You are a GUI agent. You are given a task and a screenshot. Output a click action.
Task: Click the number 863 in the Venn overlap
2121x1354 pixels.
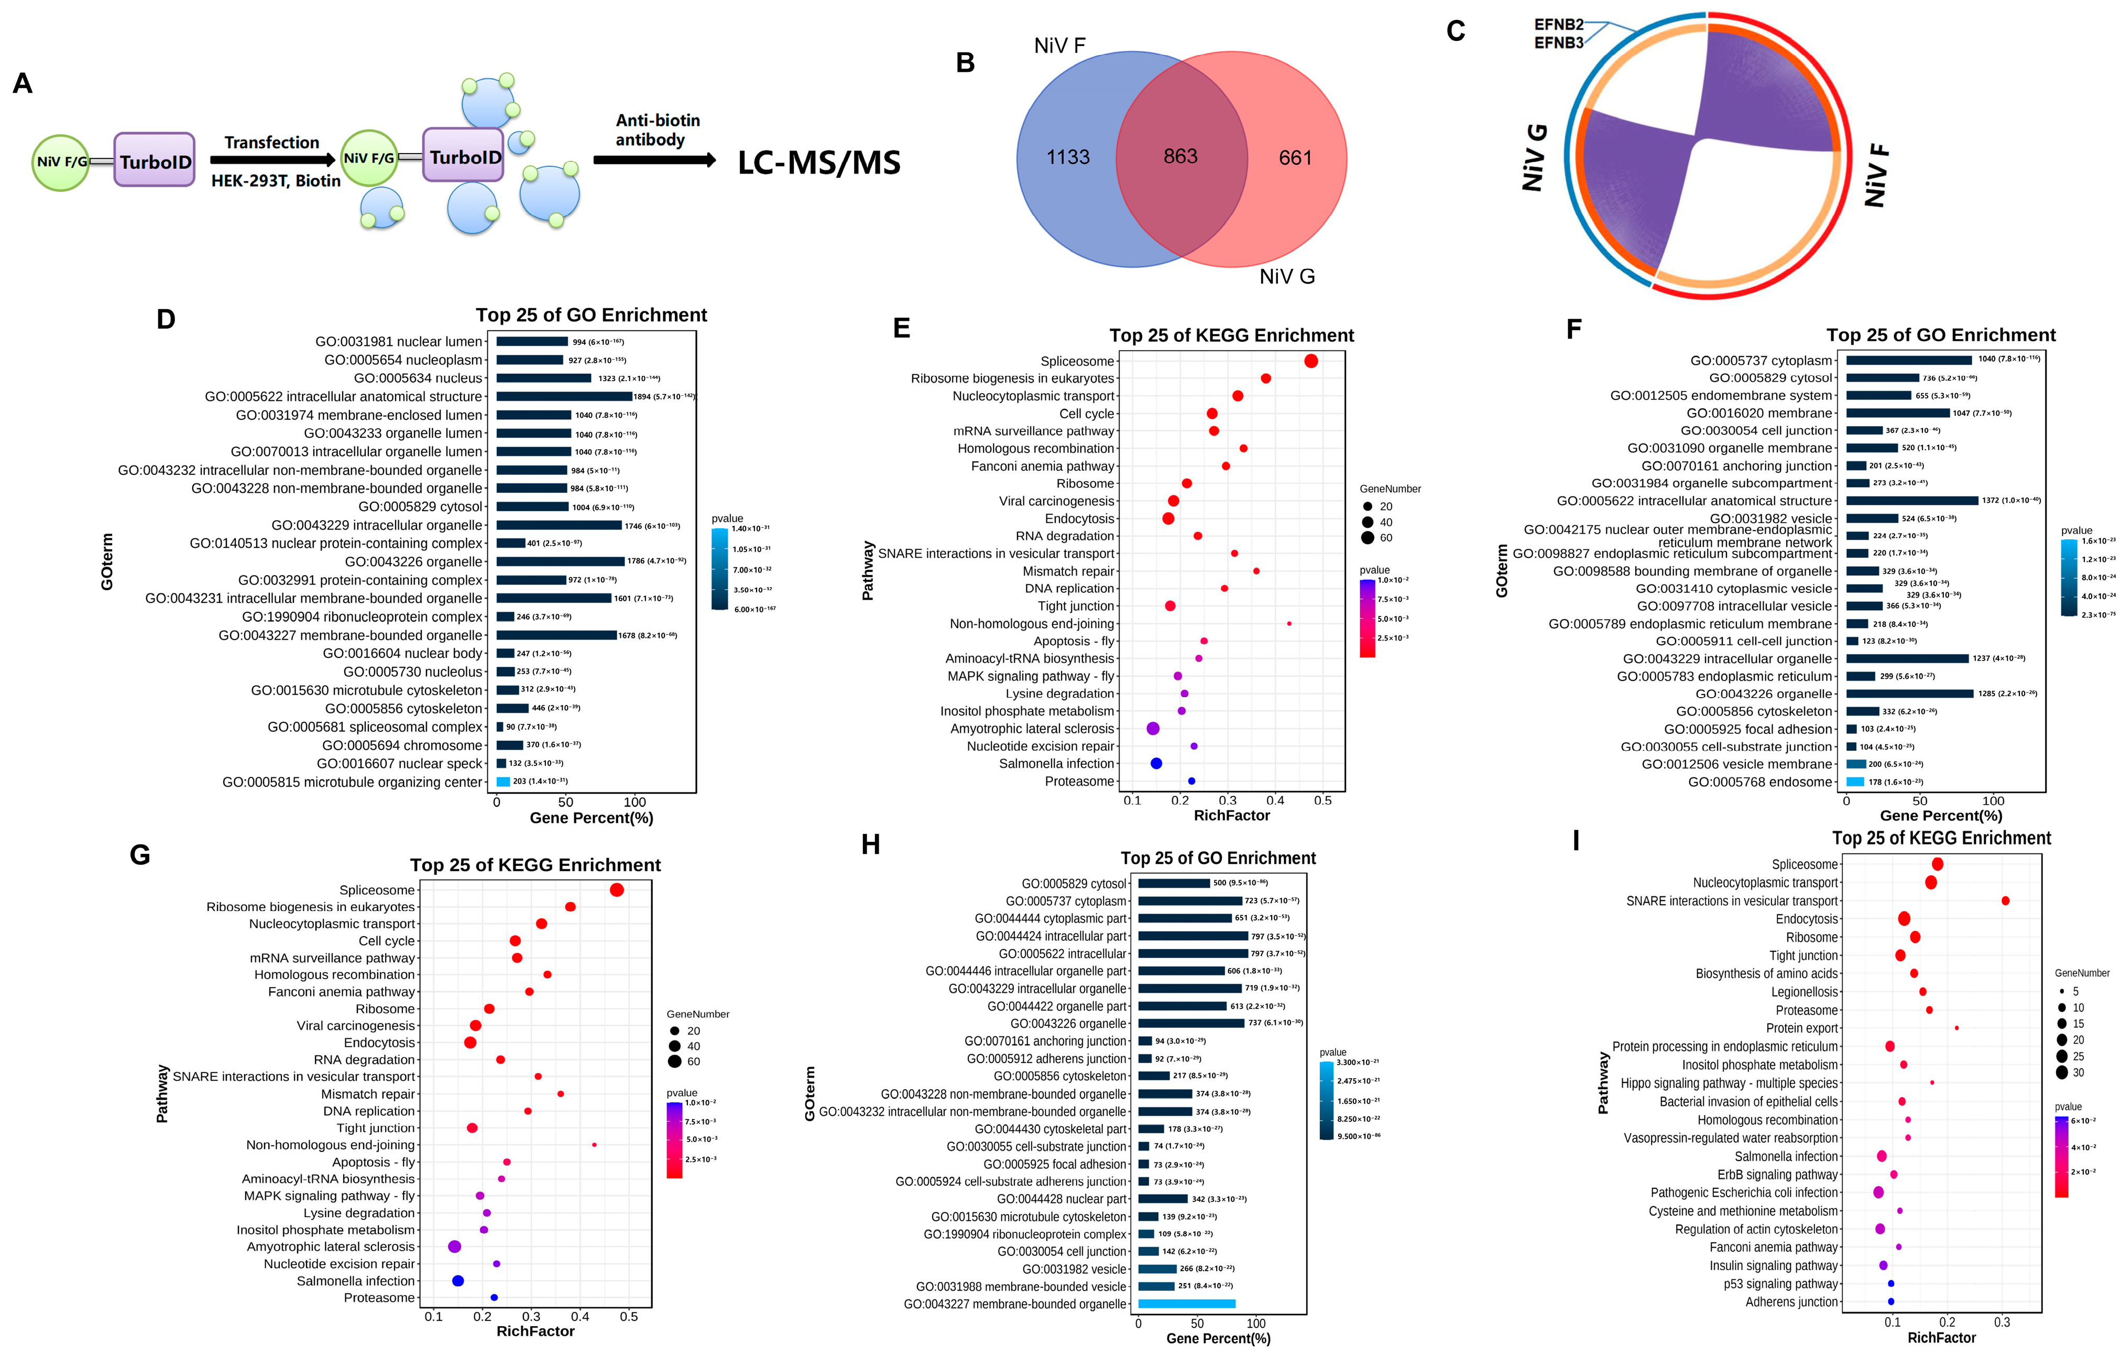(1180, 157)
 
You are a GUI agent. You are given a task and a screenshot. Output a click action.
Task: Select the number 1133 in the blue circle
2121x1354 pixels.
(1067, 158)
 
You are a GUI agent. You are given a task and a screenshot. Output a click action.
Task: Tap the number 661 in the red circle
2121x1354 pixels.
(1295, 158)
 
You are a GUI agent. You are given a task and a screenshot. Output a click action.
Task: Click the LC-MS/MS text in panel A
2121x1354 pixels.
(818, 163)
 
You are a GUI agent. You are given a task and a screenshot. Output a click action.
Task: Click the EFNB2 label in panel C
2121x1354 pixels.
(1558, 25)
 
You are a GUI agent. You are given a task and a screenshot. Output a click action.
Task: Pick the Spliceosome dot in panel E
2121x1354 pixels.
(1310, 361)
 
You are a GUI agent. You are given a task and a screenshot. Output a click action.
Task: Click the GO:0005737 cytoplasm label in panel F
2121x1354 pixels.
(1760, 360)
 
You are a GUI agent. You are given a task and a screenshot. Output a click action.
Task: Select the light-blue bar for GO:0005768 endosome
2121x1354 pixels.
(1855, 782)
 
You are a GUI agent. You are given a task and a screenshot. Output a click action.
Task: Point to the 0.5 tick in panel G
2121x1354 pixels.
(628, 1317)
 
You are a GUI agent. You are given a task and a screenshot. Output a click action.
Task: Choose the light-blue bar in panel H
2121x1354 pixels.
(1186, 1304)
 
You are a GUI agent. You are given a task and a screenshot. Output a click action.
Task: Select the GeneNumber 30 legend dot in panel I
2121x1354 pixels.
(2062, 1072)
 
